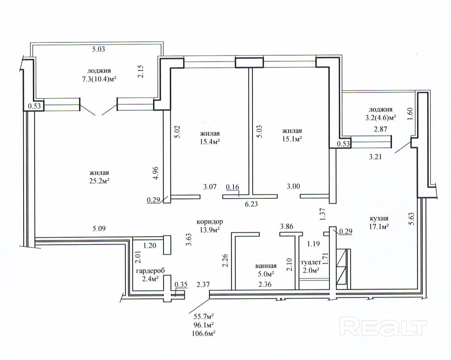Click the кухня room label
click(379, 218)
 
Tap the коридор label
click(210, 222)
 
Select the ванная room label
click(266, 266)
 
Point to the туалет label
click(311, 262)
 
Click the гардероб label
click(151, 271)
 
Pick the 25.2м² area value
click(99, 181)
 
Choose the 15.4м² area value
click(210, 142)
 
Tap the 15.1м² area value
click(292, 139)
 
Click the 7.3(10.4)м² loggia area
click(99, 79)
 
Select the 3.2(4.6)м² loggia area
click(381, 118)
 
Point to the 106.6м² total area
click(204, 333)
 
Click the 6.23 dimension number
click(251, 204)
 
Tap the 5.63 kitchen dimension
click(412, 219)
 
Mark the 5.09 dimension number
click(99, 228)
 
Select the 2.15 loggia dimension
click(141, 71)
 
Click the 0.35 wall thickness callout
click(181, 284)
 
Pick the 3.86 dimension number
click(287, 226)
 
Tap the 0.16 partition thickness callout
click(233, 187)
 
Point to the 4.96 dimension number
click(156, 173)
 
